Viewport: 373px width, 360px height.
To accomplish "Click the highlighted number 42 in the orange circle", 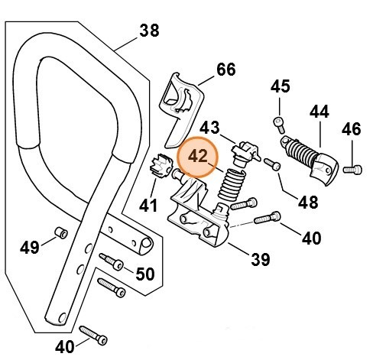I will tap(198, 156).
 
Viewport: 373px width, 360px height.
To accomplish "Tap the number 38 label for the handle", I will tap(149, 31).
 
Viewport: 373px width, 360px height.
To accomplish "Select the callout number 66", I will tap(225, 70).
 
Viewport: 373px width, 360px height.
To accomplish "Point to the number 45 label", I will tap(281, 86).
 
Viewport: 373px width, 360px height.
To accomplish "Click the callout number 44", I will tap(319, 112).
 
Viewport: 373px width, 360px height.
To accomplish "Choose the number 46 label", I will tap(351, 129).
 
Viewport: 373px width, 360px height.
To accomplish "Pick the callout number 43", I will tap(210, 126).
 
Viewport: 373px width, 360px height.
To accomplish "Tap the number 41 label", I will tap(148, 205).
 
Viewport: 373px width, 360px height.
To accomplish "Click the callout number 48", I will tap(307, 203).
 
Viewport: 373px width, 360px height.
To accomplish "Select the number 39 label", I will tap(261, 260).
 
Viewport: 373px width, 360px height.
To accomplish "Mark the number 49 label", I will tap(30, 247).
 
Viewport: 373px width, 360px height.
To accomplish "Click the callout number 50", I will tap(144, 274).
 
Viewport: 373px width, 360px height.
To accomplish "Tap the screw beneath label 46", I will tap(351, 167).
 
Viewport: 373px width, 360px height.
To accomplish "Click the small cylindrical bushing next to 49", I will tap(61, 232).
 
